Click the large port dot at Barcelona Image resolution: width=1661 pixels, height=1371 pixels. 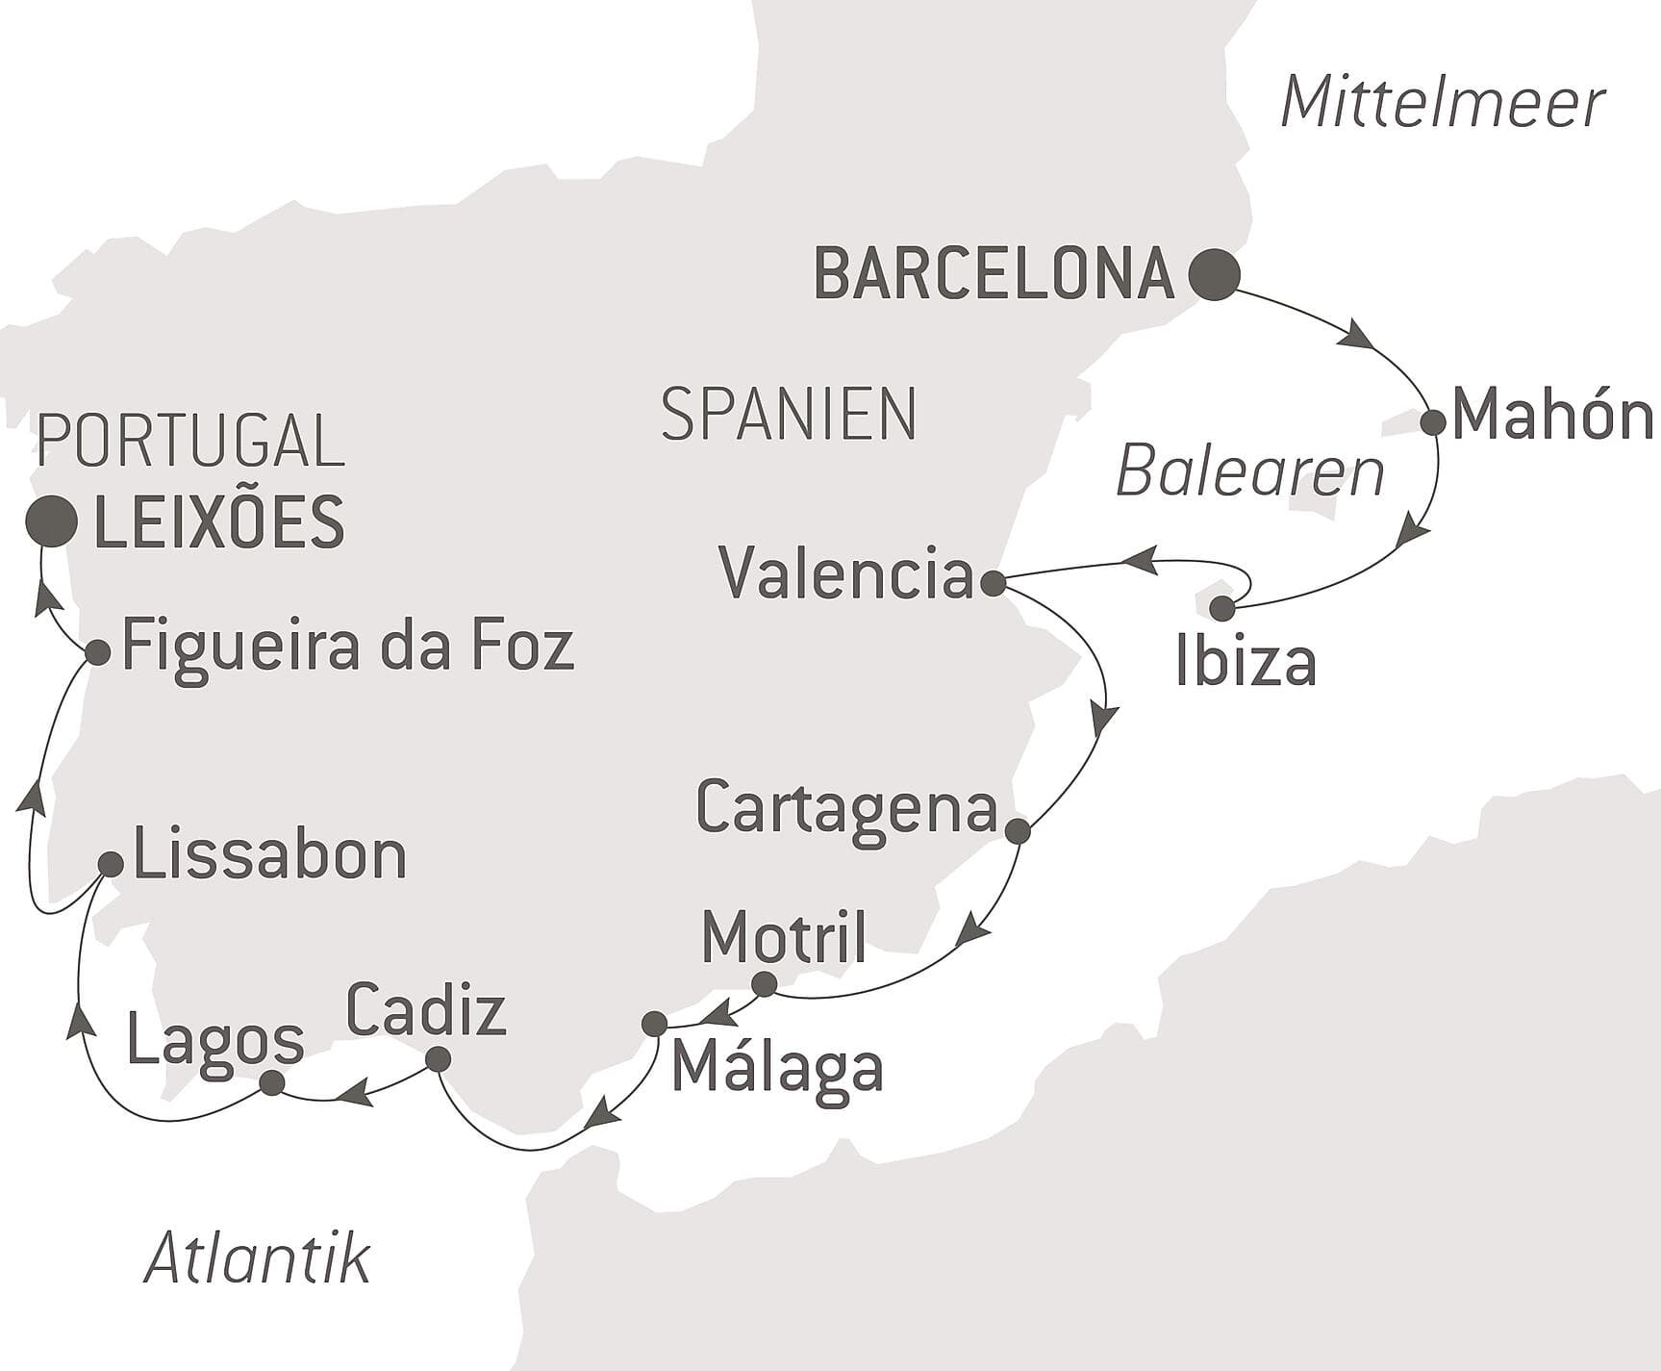[1214, 274]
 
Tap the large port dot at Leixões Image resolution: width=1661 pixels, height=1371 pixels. [52, 521]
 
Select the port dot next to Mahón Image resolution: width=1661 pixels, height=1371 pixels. [1432, 422]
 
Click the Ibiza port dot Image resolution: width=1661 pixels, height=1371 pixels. [1221, 608]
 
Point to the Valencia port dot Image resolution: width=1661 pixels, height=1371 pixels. [993, 582]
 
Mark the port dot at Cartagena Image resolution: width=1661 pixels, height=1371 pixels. [1018, 830]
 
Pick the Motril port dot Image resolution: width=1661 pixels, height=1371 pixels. [764, 984]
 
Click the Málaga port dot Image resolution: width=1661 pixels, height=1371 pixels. [654, 1023]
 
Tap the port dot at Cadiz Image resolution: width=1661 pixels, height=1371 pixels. [438, 1059]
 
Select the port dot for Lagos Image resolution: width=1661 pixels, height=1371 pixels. [272, 1083]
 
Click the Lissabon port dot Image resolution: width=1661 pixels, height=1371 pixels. [112, 864]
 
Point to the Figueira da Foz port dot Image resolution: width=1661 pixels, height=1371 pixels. [97, 652]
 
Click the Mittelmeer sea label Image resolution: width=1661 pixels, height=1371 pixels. [1443, 103]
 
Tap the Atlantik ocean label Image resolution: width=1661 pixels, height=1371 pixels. [257, 1257]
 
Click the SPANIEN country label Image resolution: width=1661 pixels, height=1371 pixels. [789, 415]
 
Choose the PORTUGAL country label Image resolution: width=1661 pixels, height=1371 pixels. [189, 441]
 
